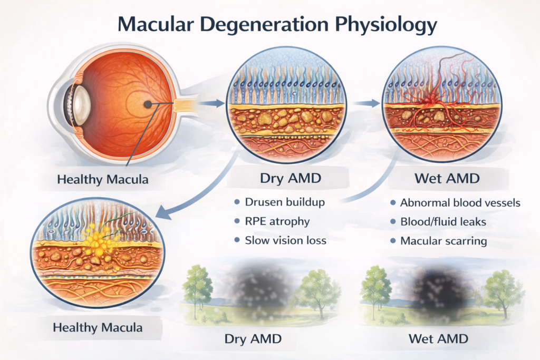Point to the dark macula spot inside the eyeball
[x=149, y=104]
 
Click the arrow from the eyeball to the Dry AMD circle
[x=214, y=104]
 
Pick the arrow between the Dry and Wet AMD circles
[x=366, y=104]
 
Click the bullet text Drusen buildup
[x=285, y=202]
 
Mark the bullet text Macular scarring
[x=443, y=241]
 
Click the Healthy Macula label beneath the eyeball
[x=103, y=179]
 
